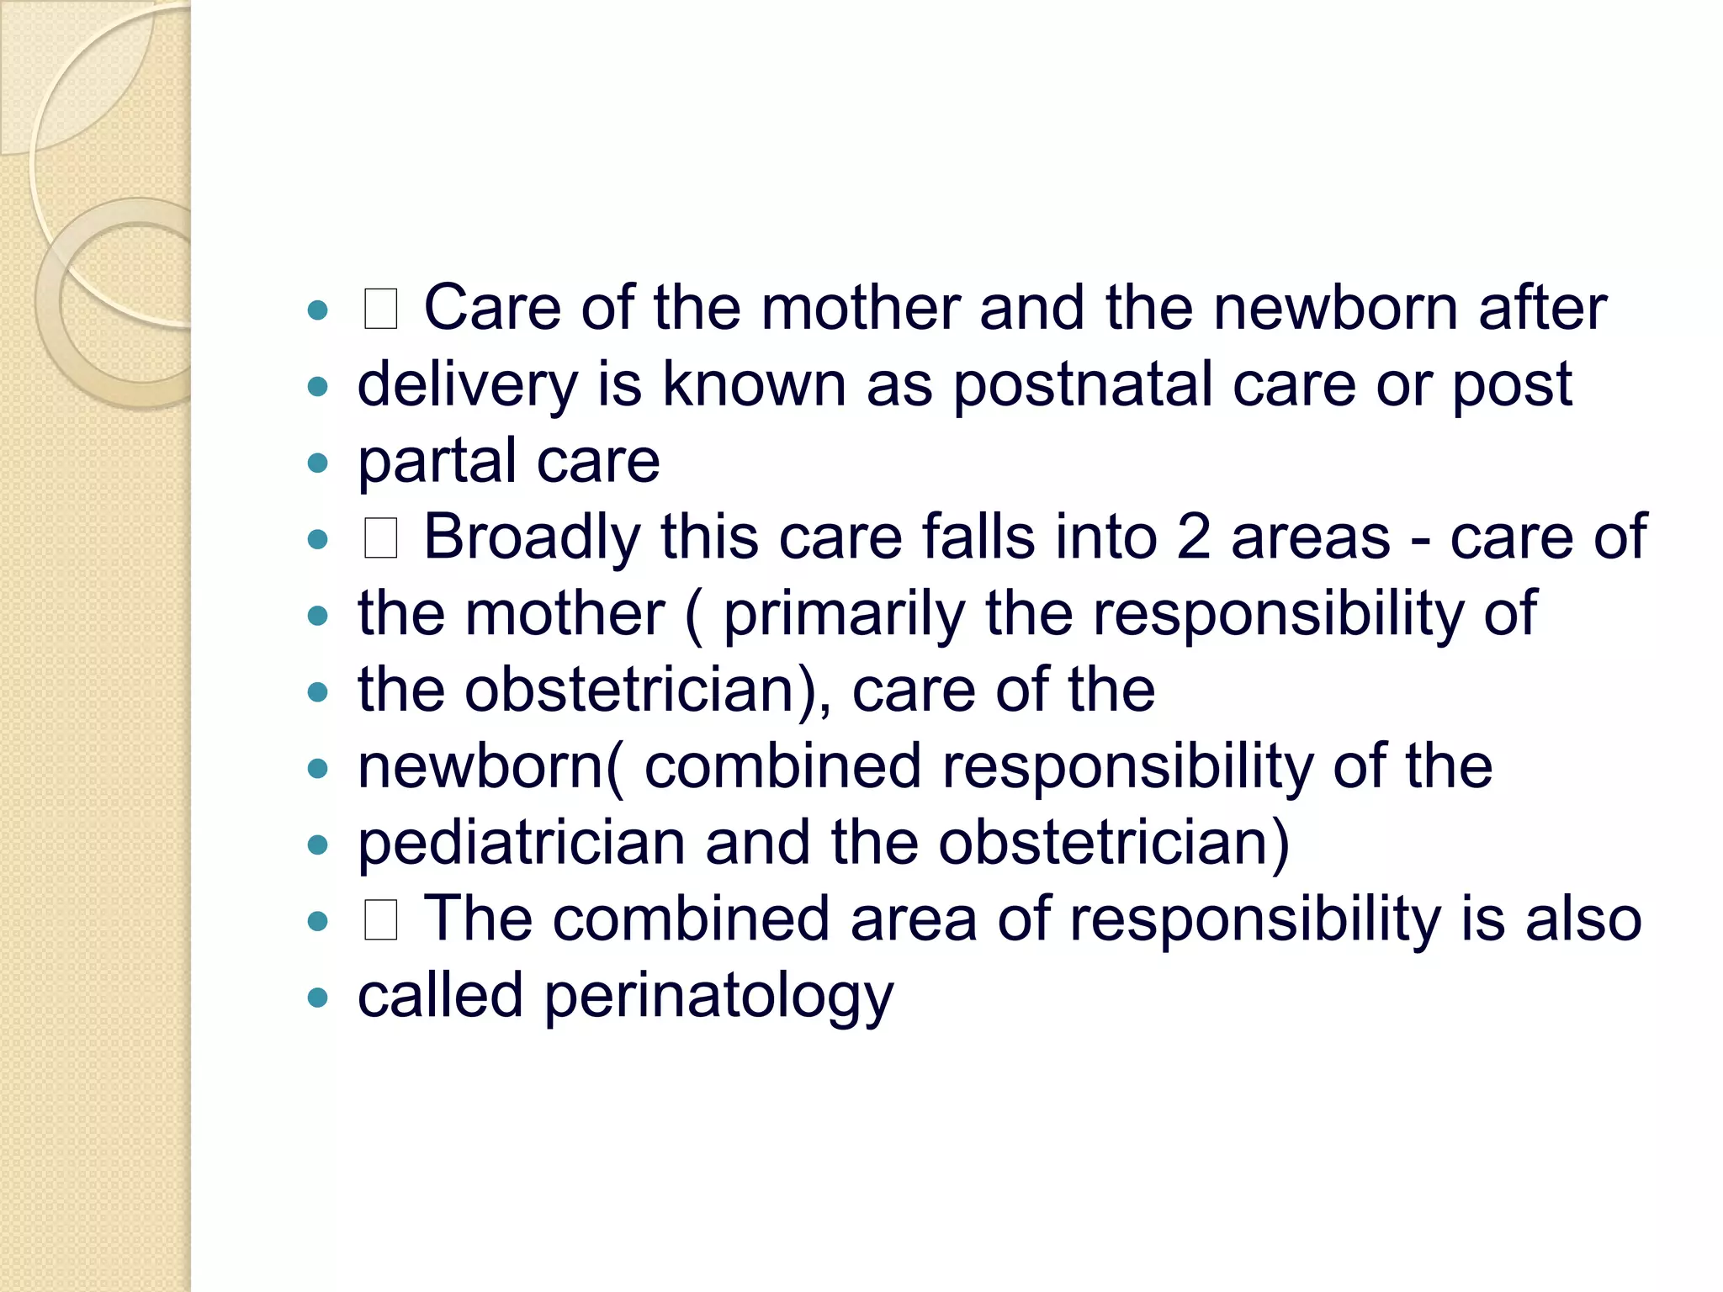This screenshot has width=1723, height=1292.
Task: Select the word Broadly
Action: pos(531,537)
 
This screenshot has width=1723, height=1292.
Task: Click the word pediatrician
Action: pos(522,844)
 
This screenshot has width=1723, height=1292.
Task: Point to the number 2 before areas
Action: pos(1193,537)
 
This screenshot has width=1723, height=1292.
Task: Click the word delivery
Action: pos(468,385)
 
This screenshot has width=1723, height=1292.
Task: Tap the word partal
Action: pos(437,462)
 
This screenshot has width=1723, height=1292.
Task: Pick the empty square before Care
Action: pos(380,309)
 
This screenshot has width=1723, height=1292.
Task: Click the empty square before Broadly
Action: pos(380,538)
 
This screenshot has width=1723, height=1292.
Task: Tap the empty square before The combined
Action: pos(380,920)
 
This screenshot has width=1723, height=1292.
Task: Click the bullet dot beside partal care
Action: pos(317,463)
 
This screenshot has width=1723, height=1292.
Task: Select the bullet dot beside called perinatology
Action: pos(317,998)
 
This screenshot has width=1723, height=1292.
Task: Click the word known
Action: pos(754,385)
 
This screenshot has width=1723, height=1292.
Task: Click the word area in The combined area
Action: pos(914,919)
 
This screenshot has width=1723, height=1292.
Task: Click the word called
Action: pos(440,996)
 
